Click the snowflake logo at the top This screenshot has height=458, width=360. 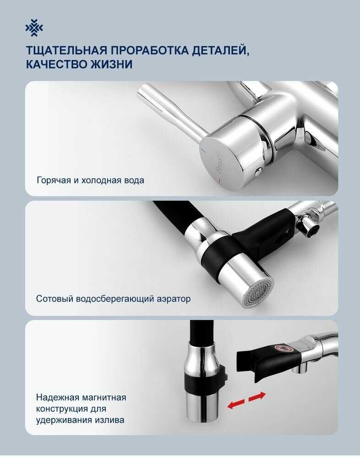[x=34, y=28]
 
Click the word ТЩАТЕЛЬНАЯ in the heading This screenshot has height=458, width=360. [x=66, y=50]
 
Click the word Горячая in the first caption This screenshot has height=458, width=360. [x=54, y=180]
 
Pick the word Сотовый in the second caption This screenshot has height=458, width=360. [x=55, y=299]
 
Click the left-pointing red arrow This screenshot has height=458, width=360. [x=236, y=405]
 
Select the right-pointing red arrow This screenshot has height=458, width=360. [x=257, y=396]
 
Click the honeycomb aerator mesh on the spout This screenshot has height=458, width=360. [x=259, y=293]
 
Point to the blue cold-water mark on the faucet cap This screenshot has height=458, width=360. [x=205, y=150]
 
